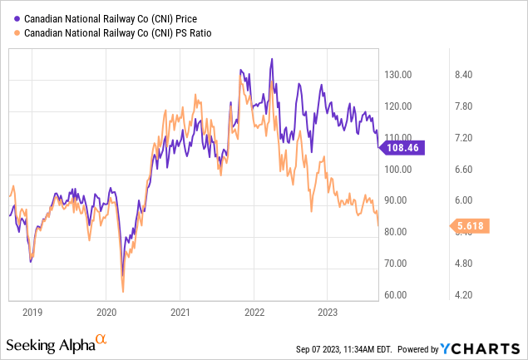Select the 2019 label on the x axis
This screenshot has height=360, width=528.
32,313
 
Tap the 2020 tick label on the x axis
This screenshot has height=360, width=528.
106,313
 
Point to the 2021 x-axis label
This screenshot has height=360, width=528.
180,313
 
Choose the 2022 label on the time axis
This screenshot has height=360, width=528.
254,313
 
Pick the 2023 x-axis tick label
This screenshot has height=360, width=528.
327,313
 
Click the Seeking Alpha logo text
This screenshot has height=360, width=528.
50,344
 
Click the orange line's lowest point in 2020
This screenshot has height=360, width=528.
123,291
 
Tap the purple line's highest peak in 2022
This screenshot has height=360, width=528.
271,59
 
